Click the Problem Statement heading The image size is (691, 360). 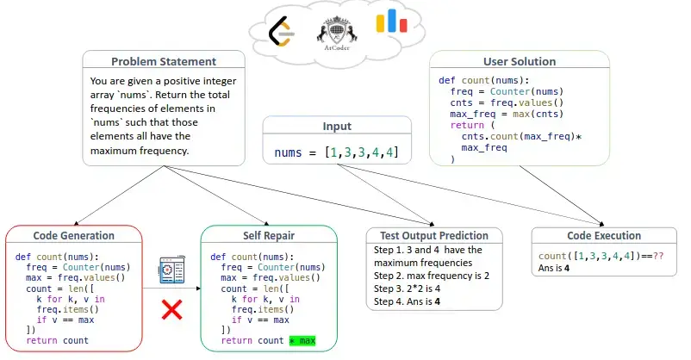click(164, 61)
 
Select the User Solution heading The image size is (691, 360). click(520, 62)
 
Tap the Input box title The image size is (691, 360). click(337, 127)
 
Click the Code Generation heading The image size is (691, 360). click(73, 235)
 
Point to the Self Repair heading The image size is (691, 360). click(268, 235)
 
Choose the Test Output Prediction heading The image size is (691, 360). click(427, 235)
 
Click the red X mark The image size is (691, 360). click(171, 310)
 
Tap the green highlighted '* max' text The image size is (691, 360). click(303, 341)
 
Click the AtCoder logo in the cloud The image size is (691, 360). click(333, 35)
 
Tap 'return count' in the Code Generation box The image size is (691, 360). click(58, 341)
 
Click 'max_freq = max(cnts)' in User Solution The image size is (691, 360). click(497, 114)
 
